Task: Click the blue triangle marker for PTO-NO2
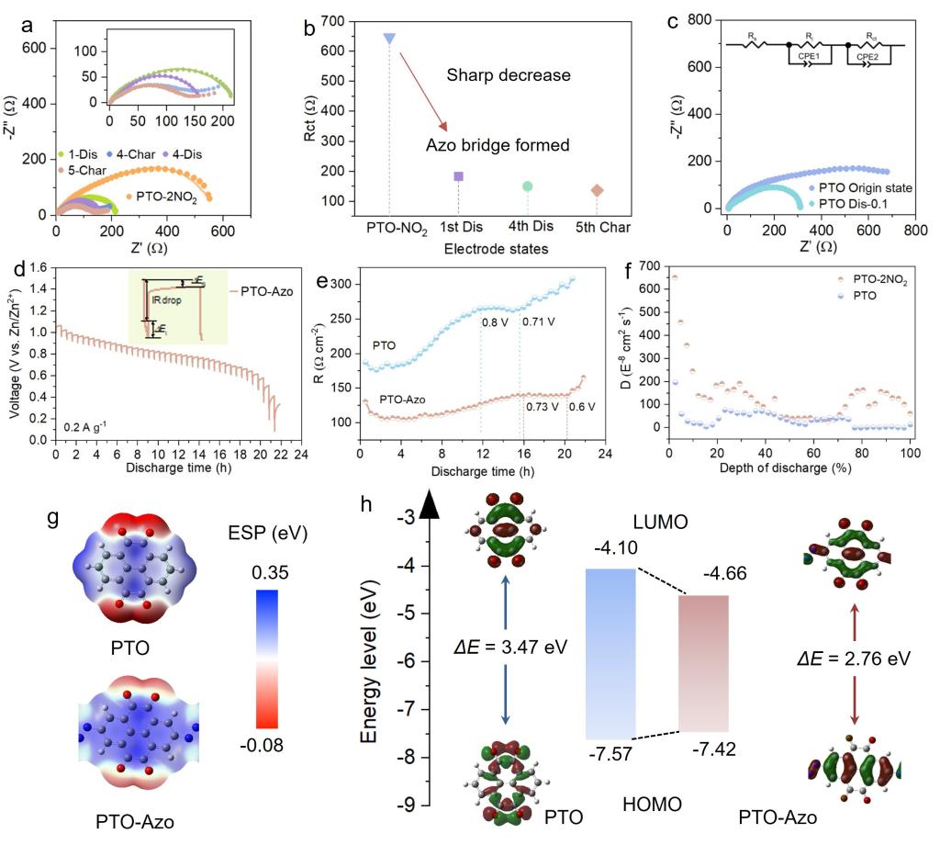pos(389,39)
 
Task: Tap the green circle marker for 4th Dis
pos(528,186)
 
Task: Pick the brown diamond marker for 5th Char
pos(598,190)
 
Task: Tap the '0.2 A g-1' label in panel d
pos(88,426)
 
